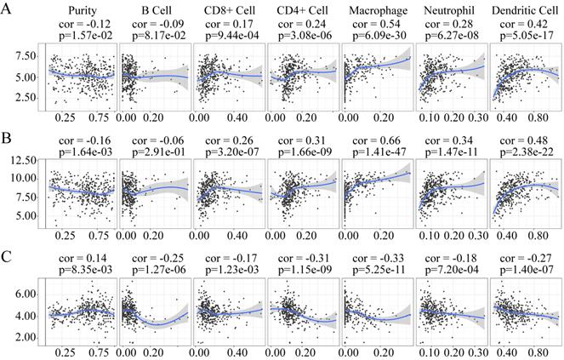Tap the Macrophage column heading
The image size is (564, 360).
[x=376, y=9]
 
